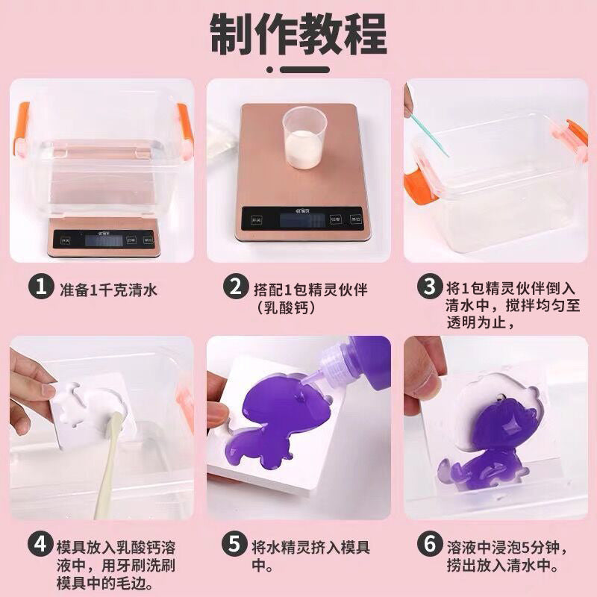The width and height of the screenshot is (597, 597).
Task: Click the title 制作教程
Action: (x=298, y=34)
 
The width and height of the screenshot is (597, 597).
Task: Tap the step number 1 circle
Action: (x=41, y=287)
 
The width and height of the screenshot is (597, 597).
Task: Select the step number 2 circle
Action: (x=236, y=287)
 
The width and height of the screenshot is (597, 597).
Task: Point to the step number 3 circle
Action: (x=430, y=287)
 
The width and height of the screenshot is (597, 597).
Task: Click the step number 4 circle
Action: (x=40, y=544)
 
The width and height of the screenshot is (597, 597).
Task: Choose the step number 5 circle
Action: (x=234, y=544)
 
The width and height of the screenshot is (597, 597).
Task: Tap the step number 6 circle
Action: (x=430, y=544)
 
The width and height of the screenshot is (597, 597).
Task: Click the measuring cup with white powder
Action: (x=305, y=137)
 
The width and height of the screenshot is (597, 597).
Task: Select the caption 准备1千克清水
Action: (x=108, y=290)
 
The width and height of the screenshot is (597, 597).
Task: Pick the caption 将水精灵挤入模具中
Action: (x=310, y=556)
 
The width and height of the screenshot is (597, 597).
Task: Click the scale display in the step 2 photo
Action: (x=303, y=220)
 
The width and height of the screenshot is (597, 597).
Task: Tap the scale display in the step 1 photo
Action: (x=104, y=241)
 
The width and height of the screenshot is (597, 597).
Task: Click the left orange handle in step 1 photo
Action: (x=21, y=130)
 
